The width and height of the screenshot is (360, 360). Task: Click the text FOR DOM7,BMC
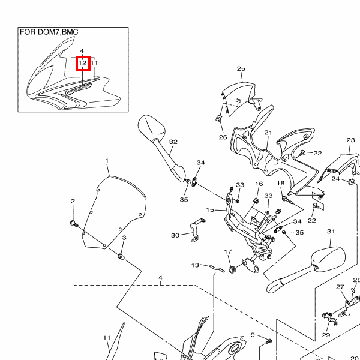[49, 32]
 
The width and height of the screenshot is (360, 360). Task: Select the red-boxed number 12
[83, 62]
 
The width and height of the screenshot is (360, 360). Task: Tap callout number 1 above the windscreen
[107, 161]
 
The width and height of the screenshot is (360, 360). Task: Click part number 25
[241, 69]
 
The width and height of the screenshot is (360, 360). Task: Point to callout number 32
[173, 142]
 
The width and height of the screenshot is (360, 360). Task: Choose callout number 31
[331, 232]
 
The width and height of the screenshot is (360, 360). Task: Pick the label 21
[268, 133]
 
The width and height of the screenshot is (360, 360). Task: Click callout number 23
[351, 140]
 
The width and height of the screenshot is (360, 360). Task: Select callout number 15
[211, 210]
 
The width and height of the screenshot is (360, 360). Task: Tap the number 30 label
[175, 235]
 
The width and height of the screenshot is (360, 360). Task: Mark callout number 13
[196, 265]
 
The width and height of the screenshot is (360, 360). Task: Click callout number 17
[228, 251]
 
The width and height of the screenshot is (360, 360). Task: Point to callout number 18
[280, 183]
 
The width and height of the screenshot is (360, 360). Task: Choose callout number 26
[223, 137]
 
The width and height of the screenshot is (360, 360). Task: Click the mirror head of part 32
[151, 127]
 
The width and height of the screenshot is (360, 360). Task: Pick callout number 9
[253, 335]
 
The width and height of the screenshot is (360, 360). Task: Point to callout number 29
[326, 335]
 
